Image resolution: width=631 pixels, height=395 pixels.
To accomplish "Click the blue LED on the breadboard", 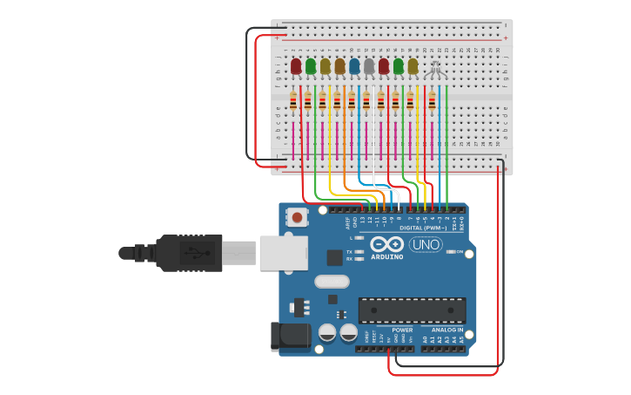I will point(354,66).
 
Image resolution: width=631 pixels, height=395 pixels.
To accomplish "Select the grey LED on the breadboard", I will point(369,66).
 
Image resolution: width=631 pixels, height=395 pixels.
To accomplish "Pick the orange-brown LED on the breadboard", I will point(339,66).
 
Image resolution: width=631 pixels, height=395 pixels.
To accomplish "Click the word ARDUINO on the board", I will point(387,257).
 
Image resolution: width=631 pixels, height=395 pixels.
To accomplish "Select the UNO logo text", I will point(426,245).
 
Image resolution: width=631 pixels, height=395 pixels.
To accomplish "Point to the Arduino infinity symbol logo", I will point(386,244).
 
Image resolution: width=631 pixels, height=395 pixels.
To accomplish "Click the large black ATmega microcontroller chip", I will point(412,310).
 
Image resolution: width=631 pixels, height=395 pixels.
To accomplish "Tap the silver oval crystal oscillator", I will point(331,281).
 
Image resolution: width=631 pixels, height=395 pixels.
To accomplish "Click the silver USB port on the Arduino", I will point(283,252).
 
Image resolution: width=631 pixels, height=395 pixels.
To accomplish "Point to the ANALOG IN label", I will point(443,330).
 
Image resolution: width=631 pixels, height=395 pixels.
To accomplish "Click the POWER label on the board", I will point(402,330).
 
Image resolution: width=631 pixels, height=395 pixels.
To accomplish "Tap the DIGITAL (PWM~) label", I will point(425,228).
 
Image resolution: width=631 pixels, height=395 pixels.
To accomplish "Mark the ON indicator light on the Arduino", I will point(451,251).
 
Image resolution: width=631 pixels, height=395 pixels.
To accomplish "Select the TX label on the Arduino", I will point(350,251).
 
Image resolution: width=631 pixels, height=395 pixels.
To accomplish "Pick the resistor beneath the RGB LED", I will point(432,102).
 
